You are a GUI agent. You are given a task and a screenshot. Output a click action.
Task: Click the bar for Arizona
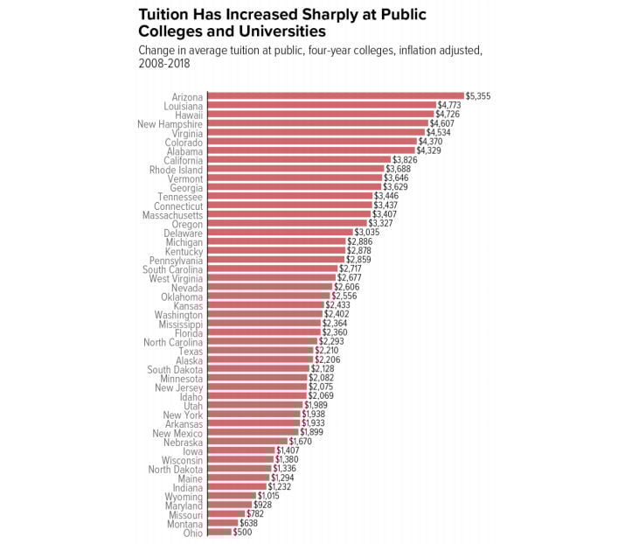[x=336, y=96]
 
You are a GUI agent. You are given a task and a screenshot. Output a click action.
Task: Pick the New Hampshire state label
[x=170, y=124]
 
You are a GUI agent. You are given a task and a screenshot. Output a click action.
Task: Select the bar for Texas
[x=260, y=351]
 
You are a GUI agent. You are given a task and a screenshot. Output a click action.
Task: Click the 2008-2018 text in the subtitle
[x=164, y=64]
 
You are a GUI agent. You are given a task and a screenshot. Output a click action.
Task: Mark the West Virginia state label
[x=176, y=278]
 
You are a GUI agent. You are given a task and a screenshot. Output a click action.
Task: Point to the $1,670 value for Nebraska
[x=301, y=442]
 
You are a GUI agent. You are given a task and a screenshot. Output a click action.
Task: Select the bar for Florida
[x=263, y=332]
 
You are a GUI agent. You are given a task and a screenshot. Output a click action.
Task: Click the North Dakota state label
[x=176, y=469]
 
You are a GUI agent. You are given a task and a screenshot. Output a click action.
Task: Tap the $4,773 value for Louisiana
[x=449, y=106]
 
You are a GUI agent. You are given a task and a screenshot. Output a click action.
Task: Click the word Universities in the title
[x=253, y=31]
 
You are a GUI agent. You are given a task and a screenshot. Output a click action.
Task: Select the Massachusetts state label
[x=173, y=214]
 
